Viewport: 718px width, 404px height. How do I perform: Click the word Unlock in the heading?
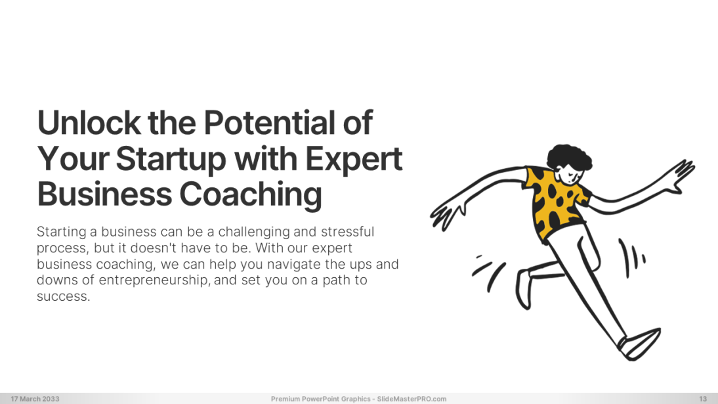coord(89,122)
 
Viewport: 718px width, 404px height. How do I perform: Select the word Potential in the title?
coord(269,122)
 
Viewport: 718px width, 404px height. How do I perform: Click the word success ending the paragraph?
coord(63,297)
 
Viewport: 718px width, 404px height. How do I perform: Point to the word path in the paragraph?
coord(335,281)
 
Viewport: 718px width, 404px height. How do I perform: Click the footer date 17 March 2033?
coord(35,399)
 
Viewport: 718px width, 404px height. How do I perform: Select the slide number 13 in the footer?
coord(703,399)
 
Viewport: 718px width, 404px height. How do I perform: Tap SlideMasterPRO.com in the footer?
coord(412,399)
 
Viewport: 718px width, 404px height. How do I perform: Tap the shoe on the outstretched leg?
coord(640,344)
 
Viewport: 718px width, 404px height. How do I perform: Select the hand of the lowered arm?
coord(446,213)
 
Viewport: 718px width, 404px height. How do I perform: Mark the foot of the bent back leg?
coord(524,289)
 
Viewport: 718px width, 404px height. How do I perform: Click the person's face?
coord(571,175)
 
